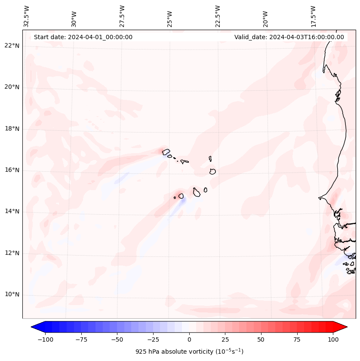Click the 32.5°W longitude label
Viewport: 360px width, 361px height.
(x=27, y=16)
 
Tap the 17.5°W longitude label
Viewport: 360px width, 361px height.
(x=313, y=16)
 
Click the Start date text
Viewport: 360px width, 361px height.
(x=83, y=37)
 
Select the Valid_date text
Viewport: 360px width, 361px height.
(x=289, y=37)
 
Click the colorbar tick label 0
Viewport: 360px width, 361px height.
(x=189, y=339)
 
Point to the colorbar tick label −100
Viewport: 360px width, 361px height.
(x=45, y=339)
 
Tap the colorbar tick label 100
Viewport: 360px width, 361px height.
(x=333, y=339)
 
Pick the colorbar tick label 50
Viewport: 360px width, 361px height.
(x=261, y=339)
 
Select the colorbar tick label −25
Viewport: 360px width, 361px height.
(x=153, y=339)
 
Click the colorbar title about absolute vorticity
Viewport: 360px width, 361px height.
(x=189, y=352)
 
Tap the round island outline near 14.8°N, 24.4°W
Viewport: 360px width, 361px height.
(x=181, y=196)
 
